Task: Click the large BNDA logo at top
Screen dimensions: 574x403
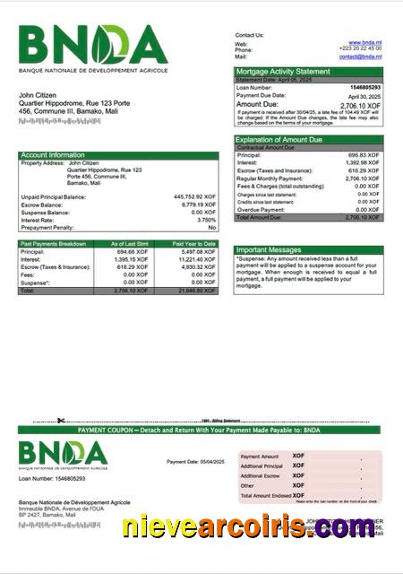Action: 93,45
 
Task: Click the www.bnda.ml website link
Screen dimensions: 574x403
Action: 365,42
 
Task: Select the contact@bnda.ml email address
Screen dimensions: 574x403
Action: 361,57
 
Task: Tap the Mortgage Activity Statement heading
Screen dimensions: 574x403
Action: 282,71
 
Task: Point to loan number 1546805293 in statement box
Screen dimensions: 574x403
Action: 364,87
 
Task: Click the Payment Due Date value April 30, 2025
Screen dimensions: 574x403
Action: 364,95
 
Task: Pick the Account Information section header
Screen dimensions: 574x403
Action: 53,155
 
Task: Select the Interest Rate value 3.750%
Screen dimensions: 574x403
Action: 206,220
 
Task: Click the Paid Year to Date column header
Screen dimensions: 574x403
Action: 194,243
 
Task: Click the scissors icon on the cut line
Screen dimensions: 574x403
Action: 59,421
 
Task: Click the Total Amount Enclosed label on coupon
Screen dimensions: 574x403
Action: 264,495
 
